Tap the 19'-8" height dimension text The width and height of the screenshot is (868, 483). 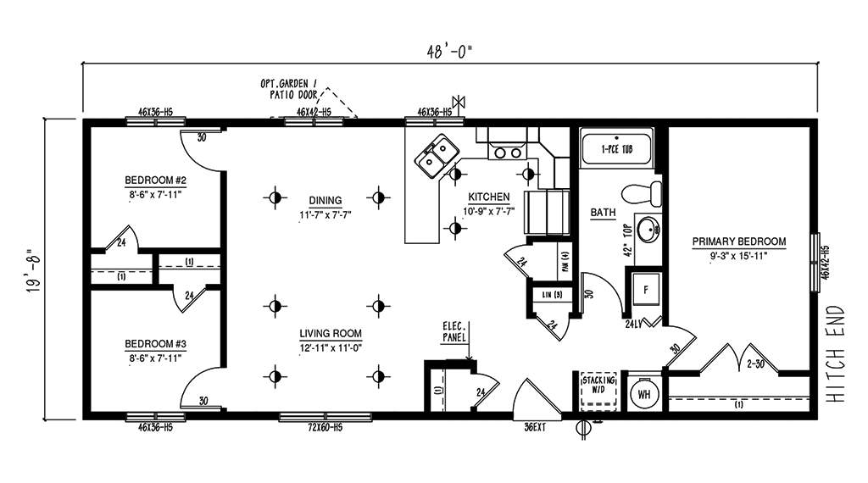pyautogui.click(x=31, y=269)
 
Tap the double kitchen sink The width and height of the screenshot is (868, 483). pyautogui.click(x=437, y=157)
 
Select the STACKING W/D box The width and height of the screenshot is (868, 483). pyautogui.click(x=598, y=391)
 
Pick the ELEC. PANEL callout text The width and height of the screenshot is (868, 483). pyautogui.click(x=454, y=330)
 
